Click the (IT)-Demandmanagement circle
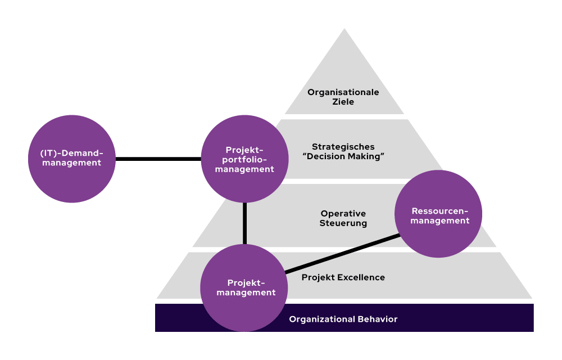pyautogui.click(x=71, y=159)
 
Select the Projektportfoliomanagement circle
pyautogui.click(x=244, y=159)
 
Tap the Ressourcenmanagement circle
pyautogui.click(x=438, y=214)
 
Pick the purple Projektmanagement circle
pyautogui.click(x=244, y=287)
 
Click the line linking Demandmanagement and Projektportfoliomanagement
pyautogui.click(x=158, y=159)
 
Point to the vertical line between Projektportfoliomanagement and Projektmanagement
pyautogui.click(x=245, y=223)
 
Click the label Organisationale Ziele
pyautogui.click(x=343, y=97)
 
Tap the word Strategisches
pyautogui.click(x=343, y=147)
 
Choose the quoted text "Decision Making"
pyautogui.click(x=343, y=156)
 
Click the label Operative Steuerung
pyautogui.click(x=343, y=218)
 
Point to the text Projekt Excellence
pyautogui.click(x=343, y=277)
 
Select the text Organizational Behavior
pyautogui.click(x=343, y=319)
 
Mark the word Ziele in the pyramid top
pyautogui.click(x=343, y=102)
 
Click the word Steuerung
pyautogui.click(x=343, y=223)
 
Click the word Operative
pyautogui.click(x=343, y=214)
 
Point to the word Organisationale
pyautogui.click(x=343, y=92)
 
